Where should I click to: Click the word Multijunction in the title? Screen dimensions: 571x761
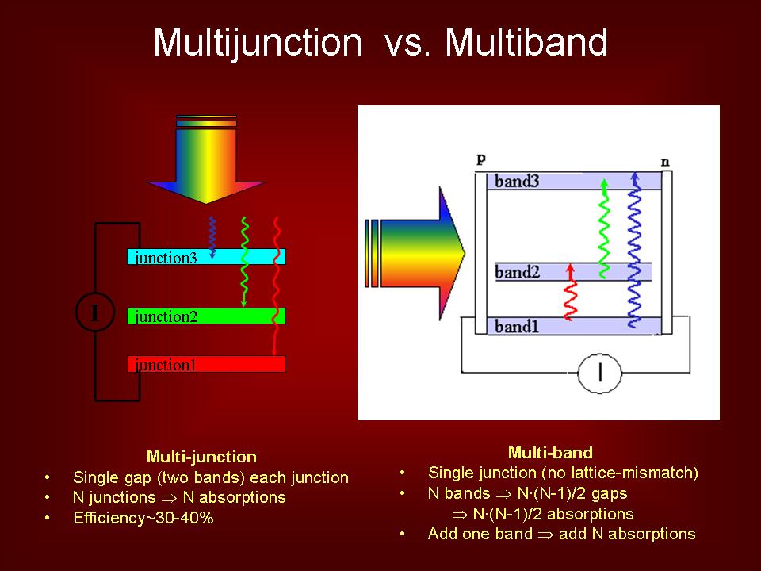pyautogui.click(x=257, y=43)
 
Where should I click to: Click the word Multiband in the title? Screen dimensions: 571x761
pyautogui.click(x=526, y=43)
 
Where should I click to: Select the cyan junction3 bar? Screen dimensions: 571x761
pyautogui.click(x=206, y=257)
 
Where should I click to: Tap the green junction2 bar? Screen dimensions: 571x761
pyautogui.click(x=206, y=316)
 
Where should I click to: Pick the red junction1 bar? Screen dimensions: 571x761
pyautogui.click(x=206, y=365)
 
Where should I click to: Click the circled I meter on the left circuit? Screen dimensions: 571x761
pyautogui.click(x=95, y=312)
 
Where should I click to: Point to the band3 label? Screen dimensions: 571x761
pyautogui.click(x=517, y=181)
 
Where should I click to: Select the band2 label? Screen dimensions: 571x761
pyautogui.click(x=517, y=273)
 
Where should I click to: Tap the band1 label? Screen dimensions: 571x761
pyautogui.click(x=517, y=326)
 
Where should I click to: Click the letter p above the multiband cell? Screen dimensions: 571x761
pyautogui.click(x=481, y=159)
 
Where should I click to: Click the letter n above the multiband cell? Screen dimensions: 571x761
pyautogui.click(x=665, y=162)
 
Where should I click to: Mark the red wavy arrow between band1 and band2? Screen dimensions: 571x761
pyautogui.click(x=569, y=293)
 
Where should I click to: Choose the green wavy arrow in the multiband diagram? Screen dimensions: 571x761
pyautogui.click(x=604, y=230)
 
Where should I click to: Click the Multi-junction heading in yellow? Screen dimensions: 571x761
pyautogui.click(x=201, y=457)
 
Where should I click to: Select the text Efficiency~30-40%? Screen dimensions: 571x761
pyautogui.click(x=143, y=519)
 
